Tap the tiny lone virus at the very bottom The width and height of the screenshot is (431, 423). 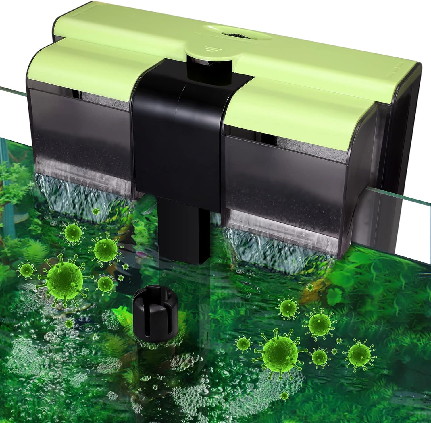(284, 396)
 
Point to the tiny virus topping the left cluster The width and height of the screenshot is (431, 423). (96, 212)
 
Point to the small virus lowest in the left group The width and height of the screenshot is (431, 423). (69, 324)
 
